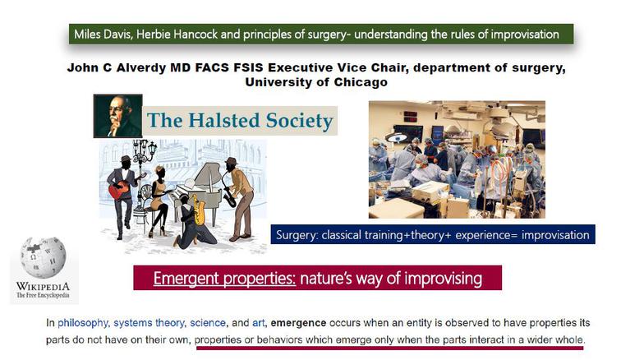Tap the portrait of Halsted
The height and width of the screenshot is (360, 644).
[118, 116]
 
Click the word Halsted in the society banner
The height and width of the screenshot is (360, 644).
[224, 120]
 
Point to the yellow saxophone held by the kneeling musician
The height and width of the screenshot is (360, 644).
[199, 210]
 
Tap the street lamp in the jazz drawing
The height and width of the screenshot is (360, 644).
[144, 173]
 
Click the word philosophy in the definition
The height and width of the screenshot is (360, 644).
[82, 323]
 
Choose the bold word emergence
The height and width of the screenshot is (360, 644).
[298, 323]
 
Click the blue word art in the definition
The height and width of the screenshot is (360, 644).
[258, 323]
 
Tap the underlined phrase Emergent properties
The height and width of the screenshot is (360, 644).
[224, 278]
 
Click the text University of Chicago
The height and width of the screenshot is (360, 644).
[316, 82]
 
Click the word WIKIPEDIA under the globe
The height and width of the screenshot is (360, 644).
[43, 286]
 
